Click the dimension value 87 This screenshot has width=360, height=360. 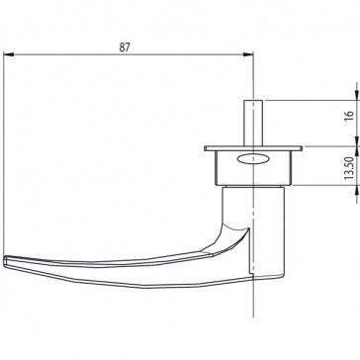[x=125, y=47]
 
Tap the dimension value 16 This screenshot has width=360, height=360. [x=349, y=116]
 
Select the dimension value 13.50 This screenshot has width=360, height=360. [x=349, y=168]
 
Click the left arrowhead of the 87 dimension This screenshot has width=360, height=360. [x=9, y=54]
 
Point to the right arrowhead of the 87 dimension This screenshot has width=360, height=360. [x=248, y=54]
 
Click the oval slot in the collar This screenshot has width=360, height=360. [x=253, y=159]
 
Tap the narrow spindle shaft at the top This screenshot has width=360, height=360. [x=253, y=123]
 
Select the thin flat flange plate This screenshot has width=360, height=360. [x=253, y=148]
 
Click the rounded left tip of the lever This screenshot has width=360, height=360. [x=5, y=261]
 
